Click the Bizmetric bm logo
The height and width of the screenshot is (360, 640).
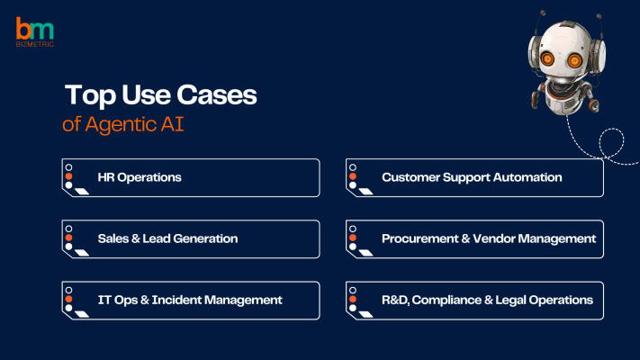click(35, 31)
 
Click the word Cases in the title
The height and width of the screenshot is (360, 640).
click(217, 94)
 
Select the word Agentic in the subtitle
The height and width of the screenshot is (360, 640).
click(121, 125)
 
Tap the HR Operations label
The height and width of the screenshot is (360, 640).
click(140, 177)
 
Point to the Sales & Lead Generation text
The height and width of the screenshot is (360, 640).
click(167, 238)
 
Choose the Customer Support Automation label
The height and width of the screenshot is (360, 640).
click(472, 177)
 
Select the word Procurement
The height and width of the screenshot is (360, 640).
click(420, 238)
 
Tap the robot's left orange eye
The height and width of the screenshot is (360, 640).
click(547, 59)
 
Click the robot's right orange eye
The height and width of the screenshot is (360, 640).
click(574, 61)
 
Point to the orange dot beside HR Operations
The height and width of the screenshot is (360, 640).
click(68, 176)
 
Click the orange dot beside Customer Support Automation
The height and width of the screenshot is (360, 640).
click(353, 176)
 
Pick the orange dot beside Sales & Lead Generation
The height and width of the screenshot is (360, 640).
click(68, 238)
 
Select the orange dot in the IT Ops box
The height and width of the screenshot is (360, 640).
click(68, 299)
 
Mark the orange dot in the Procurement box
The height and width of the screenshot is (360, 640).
click(353, 238)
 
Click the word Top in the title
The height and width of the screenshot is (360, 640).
click(90, 95)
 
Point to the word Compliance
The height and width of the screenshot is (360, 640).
click(446, 301)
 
